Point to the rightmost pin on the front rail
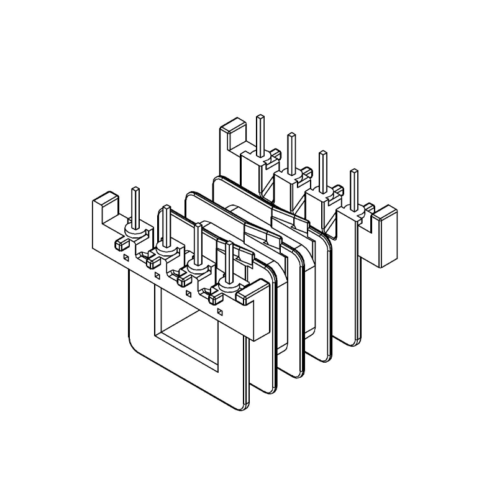pos(229,262)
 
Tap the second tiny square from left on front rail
pos(157,274)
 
